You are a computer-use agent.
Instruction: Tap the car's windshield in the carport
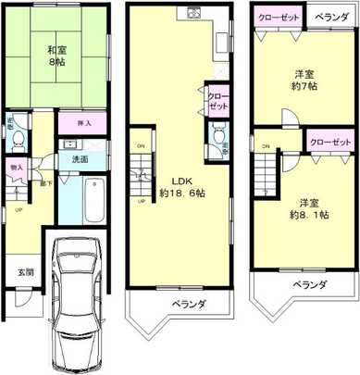pos(76,284)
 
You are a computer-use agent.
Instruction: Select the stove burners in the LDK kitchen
pos(194,14)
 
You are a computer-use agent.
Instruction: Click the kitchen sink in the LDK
pos(222,42)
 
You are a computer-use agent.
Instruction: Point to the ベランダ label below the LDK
pos(188,305)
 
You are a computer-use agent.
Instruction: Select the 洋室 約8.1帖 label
pos(305,206)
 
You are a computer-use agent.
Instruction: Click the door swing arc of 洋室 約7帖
pos(289,118)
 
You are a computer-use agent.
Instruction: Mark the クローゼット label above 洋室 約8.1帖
pos(330,142)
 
